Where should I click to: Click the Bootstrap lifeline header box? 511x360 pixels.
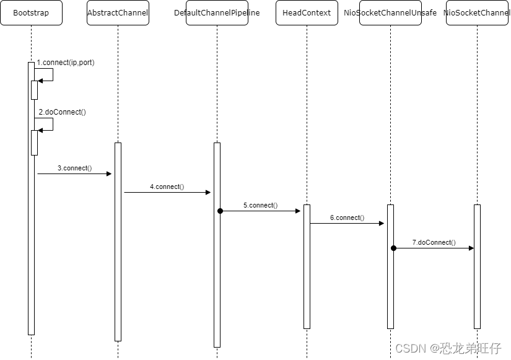31,13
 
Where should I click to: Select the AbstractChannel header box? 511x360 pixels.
118,13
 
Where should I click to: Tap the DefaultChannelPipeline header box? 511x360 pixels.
217,13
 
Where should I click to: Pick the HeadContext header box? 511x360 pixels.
307,13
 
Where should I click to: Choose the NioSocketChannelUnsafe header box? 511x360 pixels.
390,13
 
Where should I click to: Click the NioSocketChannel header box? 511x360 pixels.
477,13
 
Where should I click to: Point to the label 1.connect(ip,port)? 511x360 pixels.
66,63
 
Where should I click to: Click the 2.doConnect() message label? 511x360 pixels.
62,112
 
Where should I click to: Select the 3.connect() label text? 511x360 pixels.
74,168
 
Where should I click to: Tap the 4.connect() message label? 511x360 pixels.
167,187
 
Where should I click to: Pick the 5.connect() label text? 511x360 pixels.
260,205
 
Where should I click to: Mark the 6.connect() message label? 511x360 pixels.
347,217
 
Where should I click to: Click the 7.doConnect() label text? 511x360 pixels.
434,242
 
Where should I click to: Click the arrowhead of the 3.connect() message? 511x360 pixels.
108,174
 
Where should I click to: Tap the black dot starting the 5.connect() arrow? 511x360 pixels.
220,211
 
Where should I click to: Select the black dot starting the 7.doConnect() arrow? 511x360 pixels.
393,248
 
